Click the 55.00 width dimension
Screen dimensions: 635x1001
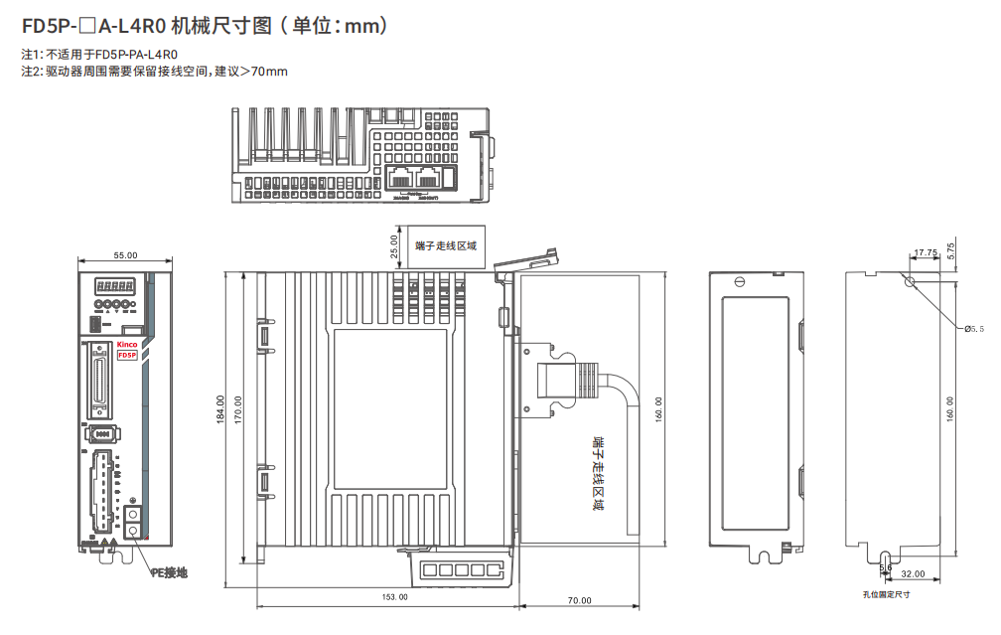[x=125, y=255]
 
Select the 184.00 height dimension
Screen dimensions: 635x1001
[x=220, y=408]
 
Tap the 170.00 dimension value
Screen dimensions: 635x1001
[x=238, y=408]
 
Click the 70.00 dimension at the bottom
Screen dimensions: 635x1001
[x=579, y=600]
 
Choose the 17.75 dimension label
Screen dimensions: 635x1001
[x=926, y=252]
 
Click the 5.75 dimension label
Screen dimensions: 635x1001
[x=951, y=250]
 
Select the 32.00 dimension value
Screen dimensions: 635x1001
[x=913, y=574]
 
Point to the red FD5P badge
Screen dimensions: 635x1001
[x=127, y=355]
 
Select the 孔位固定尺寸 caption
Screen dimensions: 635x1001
[x=886, y=594]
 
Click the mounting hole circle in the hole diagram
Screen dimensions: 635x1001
[x=909, y=281]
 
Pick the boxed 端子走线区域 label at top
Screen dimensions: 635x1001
[x=446, y=245]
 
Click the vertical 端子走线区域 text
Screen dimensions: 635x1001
[x=597, y=472]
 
